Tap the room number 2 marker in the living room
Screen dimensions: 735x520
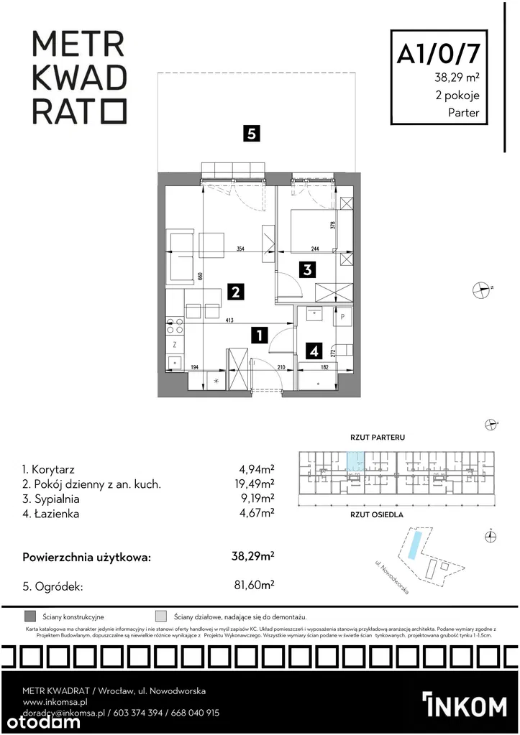pos(235,292)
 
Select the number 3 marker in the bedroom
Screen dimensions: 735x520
pos(307,271)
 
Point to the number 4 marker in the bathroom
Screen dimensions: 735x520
pos(314,351)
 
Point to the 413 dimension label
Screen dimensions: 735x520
pos(229,321)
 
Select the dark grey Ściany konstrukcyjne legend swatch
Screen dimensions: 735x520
pos(30,616)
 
